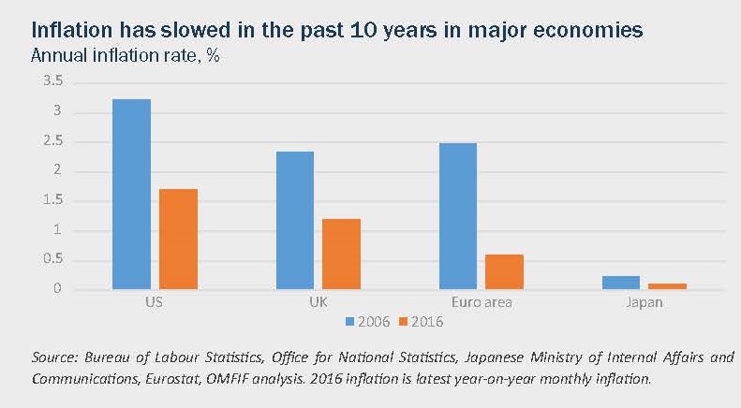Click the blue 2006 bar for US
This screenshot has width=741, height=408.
(131, 194)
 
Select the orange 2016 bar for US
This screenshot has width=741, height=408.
(178, 239)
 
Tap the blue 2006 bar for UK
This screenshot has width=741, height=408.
(294, 220)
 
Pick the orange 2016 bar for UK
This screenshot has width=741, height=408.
(341, 254)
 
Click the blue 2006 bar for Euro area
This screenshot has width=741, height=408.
(457, 216)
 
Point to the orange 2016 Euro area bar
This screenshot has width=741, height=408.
(504, 271)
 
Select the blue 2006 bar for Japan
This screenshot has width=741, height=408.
(620, 283)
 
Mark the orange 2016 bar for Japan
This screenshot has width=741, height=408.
(667, 285)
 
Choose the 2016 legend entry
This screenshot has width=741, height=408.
(421, 321)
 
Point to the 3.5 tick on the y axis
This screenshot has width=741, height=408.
(53, 83)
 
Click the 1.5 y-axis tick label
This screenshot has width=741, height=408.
(53, 200)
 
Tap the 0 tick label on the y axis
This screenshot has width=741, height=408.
(58, 288)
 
